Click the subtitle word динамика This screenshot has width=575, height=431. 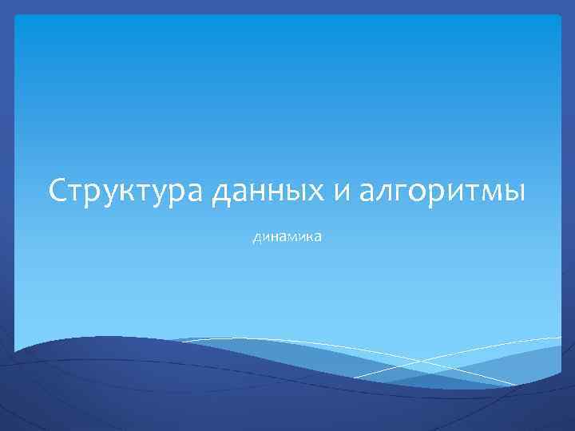pyautogui.click(x=287, y=237)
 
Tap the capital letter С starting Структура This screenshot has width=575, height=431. pyautogui.click(x=57, y=191)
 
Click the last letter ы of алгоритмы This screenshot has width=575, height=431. pyautogui.click(x=513, y=192)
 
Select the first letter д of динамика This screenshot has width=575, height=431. pyautogui.click(x=256, y=238)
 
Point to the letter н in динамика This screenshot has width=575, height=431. pyautogui.click(x=274, y=237)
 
